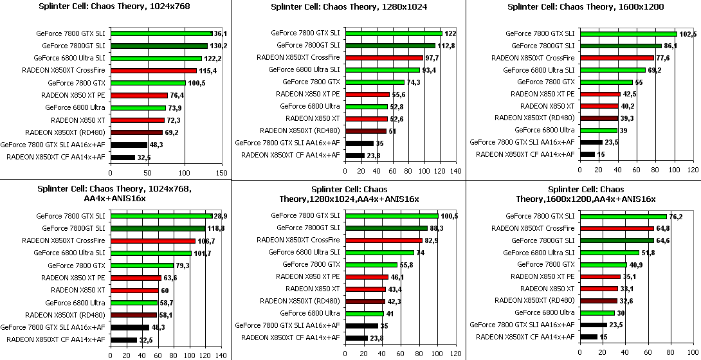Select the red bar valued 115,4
(x=152, y=70)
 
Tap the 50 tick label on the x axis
(x=147, y=172)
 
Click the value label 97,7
(x=431, y=58)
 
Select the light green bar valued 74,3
(x=374, y=82)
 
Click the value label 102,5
(x=688, y=33)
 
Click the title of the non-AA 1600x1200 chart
(x=585, y=7)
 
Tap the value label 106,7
(x=206, y=240)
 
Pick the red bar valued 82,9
(x=383, y=240)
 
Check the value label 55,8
(x=406, y=265)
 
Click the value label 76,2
(x=676, y=217)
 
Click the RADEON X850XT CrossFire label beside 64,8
(x=533, y=228)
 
